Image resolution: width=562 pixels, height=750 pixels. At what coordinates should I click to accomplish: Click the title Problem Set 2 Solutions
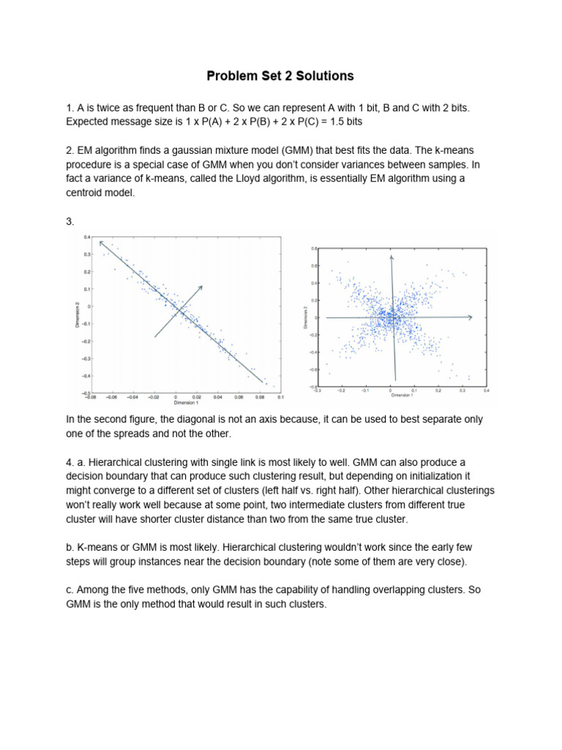pyautogui.click(x=280, y=75)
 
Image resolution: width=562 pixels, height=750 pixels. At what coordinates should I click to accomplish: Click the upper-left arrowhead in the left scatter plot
pyautogui.click(x=102, y=242)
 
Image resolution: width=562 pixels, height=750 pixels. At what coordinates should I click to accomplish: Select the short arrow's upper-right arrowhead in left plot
pyautogui.click(x=201, y=286)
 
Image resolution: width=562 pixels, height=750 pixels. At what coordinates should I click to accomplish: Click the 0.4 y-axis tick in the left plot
pyautogui.click(x=86, y=237)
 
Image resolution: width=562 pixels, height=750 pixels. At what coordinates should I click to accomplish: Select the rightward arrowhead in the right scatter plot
pyautogui.click(x=470, y=317)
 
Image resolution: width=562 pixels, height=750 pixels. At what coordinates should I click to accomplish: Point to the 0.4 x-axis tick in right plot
pyautogui.click(x=486, y=391)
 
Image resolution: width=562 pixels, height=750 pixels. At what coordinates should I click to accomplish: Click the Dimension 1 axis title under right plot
pyautogui.click(x=402, y=396)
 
